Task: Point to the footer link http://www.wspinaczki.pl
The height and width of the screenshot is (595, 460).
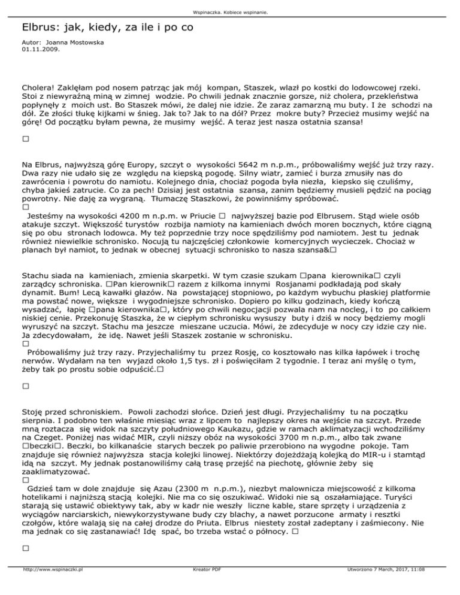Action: (x=52, y=587)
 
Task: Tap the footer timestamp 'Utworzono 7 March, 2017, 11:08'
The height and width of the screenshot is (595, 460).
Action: (x=385, y=587)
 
